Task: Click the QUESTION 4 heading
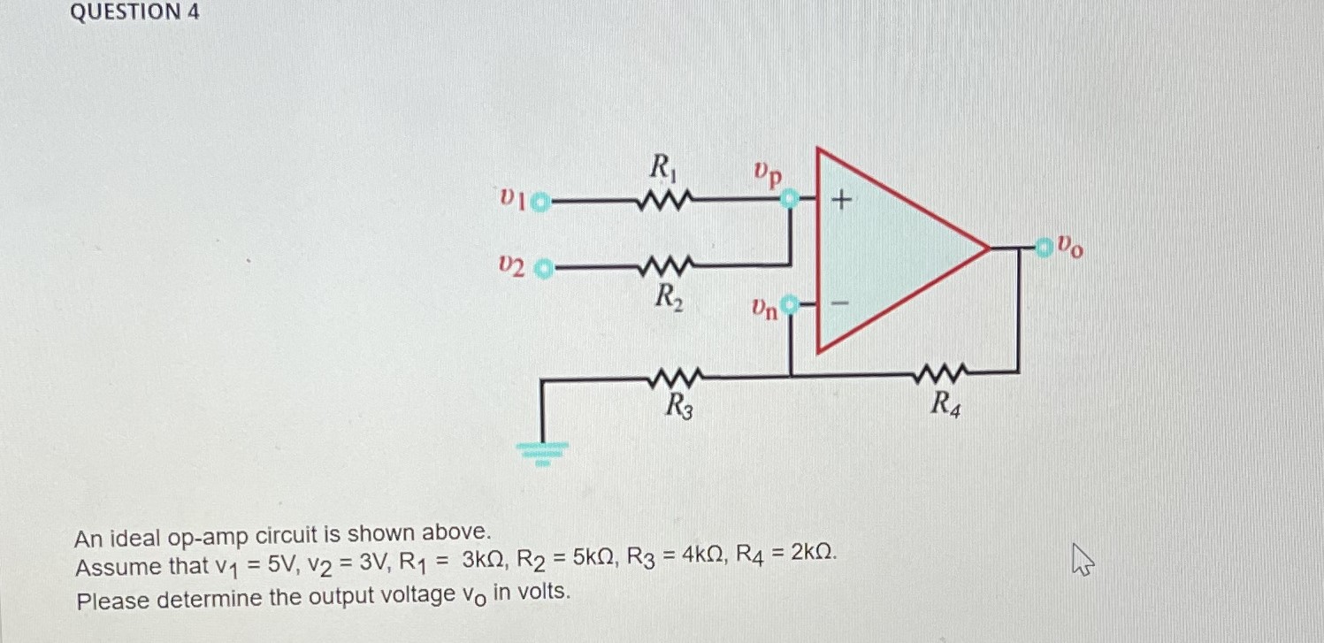pos(134,12)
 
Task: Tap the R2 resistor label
pos(667,297)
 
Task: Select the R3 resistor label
pos(678,408)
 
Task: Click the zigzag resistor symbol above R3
pos(677,379)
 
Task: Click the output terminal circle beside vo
pos(1045,247)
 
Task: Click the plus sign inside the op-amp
pos(841,203)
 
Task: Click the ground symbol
pos(542,452)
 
